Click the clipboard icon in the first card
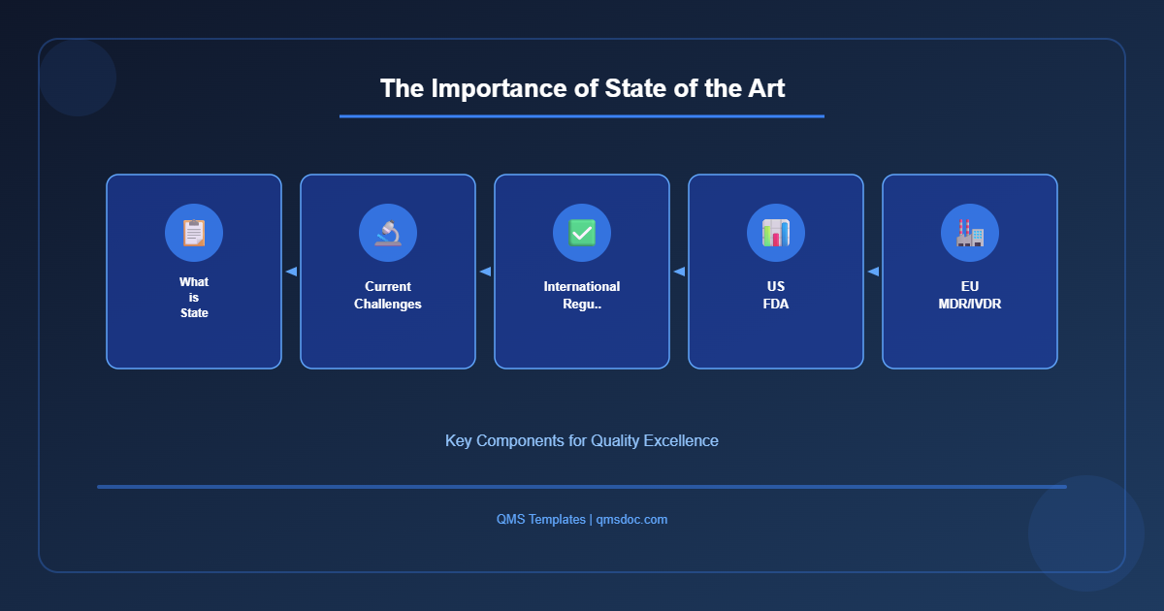(x=194, y=233)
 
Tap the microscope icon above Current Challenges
(x=388, y=233)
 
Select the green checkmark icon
(x=582, y=233)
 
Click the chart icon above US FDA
(x=776, y=233)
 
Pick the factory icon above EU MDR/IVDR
(x=970, y=233)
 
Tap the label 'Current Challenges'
(x=388, y=295)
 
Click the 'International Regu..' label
(x=582, y=295)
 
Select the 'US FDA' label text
(x=776, y=295)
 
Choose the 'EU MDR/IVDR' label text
(x=970, y=295)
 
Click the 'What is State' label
(x=194, y=298)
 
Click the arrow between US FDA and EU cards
(x=873, y=272)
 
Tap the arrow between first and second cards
(x=291, y=272)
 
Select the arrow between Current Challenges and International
(x=485, y=272)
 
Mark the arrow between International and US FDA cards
(x=679, y=272)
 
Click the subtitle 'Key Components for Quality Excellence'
(x=582, y=440)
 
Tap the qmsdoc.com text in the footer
(x=631, y=520)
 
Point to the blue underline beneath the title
(x=582, y=116)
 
